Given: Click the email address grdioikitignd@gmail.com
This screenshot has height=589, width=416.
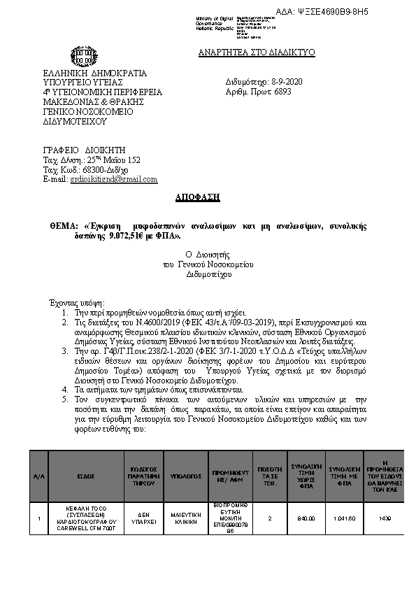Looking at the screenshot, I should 114,179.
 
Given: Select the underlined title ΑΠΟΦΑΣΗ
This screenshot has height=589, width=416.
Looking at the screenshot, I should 198,198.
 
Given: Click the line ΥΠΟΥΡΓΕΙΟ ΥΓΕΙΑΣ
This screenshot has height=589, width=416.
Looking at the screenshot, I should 83,82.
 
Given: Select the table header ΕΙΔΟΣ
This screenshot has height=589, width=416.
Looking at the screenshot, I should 85,476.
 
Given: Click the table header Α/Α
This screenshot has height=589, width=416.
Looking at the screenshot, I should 39,476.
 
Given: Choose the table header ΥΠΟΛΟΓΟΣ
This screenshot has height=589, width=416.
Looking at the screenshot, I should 186,476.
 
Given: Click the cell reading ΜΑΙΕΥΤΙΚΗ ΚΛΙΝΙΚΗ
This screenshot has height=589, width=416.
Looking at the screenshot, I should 186,518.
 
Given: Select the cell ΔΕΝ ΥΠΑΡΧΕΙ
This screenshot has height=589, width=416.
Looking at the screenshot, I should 142,518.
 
